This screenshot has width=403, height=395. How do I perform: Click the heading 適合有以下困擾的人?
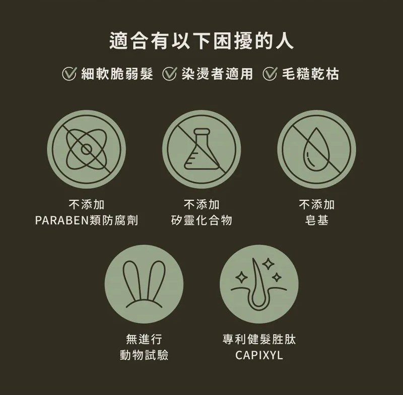coord(201,41)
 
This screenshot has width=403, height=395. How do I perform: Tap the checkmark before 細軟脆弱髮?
coord(69,74)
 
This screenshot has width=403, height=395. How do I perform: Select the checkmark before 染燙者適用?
coord(169,74)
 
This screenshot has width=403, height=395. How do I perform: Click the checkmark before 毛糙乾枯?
coord(270,74)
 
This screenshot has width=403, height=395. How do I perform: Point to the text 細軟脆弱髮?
coord(117,74)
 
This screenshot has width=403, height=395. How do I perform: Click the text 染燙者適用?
coord(217,74)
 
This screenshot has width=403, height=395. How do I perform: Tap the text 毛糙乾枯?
coord(310,74)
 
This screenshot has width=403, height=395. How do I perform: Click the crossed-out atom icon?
coord(86,149)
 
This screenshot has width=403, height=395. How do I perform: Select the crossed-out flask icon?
coord(201,149)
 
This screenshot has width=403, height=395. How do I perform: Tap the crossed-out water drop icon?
coord(317,149)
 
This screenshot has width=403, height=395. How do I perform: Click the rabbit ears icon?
coord(144,284)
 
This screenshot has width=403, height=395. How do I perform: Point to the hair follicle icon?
coord(259,284)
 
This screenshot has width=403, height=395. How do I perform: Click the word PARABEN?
coord(61,220)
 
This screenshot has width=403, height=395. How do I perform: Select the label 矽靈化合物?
coord(201,220)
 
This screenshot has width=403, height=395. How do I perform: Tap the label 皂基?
coord(317,220)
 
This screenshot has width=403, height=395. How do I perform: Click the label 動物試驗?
coord(144,355)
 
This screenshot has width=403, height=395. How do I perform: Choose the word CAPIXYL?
coord(259,355)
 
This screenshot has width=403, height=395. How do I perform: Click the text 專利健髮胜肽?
coord(259,339)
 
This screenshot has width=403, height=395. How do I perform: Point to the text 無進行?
coord(144,339)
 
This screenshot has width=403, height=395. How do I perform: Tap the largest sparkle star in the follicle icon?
coord(268,264)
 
